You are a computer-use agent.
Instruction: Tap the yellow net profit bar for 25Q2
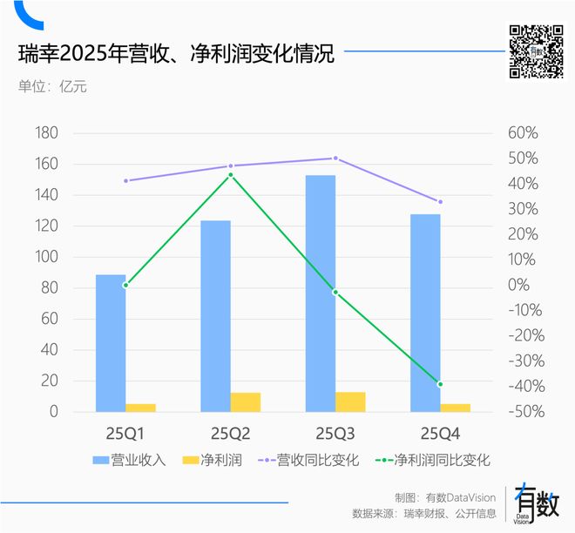pos(246,401)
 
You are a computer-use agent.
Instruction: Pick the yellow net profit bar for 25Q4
pos(455,407)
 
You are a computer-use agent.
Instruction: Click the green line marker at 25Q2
pos(231,175)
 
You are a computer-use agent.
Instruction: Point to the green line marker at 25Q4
pos(440,384)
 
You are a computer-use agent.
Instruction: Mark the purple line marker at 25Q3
pos(335,159)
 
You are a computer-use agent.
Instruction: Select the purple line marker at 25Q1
pos(125,181)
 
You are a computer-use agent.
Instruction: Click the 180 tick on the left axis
pos(46,133)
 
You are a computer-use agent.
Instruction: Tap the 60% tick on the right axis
pos(523,133)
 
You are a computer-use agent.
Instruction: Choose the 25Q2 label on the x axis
pos(230,432)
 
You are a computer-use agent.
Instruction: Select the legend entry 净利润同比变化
pos(433,460)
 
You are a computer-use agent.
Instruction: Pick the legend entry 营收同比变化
pos(317,460)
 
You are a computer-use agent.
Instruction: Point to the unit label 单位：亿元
pos(53,86)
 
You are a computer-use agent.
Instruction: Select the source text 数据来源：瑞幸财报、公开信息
pos(424,513)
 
